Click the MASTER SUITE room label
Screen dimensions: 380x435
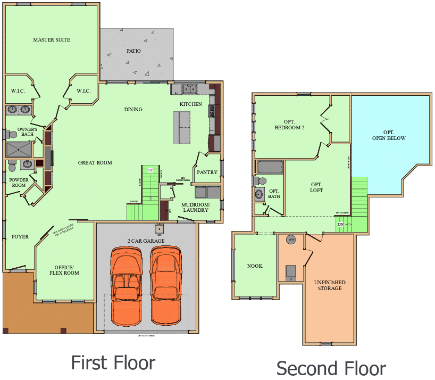click(52, 40)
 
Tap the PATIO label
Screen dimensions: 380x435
click(133, 52)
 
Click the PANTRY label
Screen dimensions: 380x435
click(207, 172)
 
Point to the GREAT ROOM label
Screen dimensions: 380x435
click(95, 163)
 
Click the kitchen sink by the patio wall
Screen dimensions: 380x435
click(189, 89)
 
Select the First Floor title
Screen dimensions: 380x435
click(113, 363)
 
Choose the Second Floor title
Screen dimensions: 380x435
click(331, 368)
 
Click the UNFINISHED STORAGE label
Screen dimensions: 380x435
click(330, 285)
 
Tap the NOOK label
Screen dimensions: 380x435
click(255, 266)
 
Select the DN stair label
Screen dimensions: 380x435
click(340, 225)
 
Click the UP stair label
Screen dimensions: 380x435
click(150, 170)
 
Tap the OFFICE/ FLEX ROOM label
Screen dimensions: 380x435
click(67, 270)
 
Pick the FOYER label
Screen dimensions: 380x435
click(20, 237)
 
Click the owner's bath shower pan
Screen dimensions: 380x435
click(19, 149)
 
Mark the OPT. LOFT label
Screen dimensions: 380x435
click(316, 187)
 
